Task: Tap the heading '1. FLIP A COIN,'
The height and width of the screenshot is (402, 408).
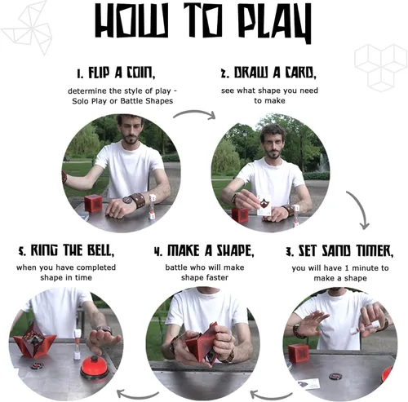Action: tap(116, 73)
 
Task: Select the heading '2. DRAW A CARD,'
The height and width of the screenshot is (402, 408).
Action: tap(268, 73)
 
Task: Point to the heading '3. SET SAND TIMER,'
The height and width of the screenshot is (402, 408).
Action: tap(339, 251)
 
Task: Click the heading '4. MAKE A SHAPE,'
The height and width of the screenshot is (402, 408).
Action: tap(204, 250)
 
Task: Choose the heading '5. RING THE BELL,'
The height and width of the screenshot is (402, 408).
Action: tap(66, 250)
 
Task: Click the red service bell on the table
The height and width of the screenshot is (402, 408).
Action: tap(95, 368)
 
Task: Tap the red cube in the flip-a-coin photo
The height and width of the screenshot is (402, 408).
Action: tap(93, 204)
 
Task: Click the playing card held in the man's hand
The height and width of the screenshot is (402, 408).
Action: tap(264, 205)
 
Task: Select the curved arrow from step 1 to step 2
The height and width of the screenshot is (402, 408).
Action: tap(194, 112)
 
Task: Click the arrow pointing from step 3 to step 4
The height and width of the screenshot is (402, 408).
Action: tap(271, 395)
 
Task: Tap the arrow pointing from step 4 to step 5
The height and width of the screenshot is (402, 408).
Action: tap(137, 395)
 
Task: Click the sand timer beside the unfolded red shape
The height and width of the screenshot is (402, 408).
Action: tap(78, 344)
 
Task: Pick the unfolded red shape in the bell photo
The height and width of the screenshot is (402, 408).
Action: tap(34, 340)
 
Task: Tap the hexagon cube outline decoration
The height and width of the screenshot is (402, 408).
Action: tap(381, 68)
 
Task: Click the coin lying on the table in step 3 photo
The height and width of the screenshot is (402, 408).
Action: tap(335, 376)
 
